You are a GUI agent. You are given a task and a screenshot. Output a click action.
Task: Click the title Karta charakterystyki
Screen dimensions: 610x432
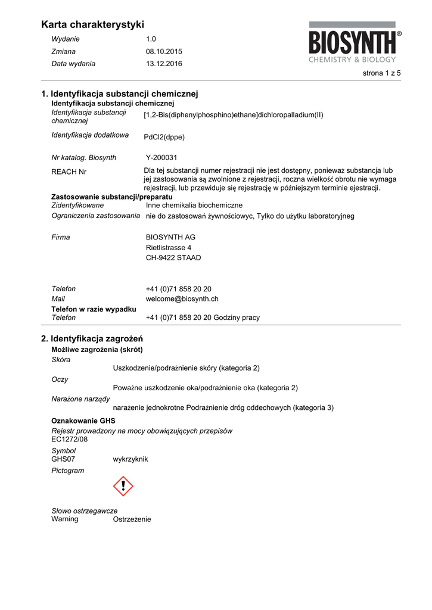coord(93,24)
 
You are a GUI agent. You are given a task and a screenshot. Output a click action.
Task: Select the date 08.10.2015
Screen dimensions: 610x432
coord(164,51)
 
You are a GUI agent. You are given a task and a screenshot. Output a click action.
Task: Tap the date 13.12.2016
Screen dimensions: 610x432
coord(164,64)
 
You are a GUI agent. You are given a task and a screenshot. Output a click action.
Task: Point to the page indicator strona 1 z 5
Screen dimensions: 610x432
coord(381,73)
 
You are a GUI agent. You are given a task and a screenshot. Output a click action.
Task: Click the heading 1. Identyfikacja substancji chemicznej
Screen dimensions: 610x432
coord(119,94)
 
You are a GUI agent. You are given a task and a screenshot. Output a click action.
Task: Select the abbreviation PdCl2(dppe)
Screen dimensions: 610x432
coord(164,137)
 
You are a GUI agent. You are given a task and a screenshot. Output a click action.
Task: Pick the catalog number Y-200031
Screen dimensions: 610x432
coord(161,158)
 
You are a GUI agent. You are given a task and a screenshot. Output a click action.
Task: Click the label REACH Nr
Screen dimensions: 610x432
coord(69,172)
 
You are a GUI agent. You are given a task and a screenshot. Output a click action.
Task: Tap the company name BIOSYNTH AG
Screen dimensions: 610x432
coord(170,237)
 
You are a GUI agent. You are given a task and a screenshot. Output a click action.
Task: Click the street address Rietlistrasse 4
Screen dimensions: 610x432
coord(169,247)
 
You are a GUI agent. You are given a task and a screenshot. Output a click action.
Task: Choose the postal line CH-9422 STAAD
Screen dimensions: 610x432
coord(173,258)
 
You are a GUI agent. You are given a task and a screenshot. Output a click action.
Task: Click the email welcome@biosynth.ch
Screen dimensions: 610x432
coord(182,299)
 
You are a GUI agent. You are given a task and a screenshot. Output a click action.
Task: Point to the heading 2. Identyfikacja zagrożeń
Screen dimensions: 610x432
coord(92,338)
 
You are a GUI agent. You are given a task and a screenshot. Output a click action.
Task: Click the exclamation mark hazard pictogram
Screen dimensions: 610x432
coord(123,486)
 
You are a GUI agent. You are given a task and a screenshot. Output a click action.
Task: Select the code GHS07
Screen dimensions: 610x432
coord(64,459)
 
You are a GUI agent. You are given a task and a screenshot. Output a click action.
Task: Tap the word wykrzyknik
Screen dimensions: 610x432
coord(130,459)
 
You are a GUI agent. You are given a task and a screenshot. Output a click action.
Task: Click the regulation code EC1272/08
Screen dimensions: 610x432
coord(70,439)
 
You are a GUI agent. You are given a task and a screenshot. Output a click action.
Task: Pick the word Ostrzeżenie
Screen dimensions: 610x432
coord(132,519)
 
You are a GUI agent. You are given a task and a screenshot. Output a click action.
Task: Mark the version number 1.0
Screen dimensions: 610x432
coord(151,39)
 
